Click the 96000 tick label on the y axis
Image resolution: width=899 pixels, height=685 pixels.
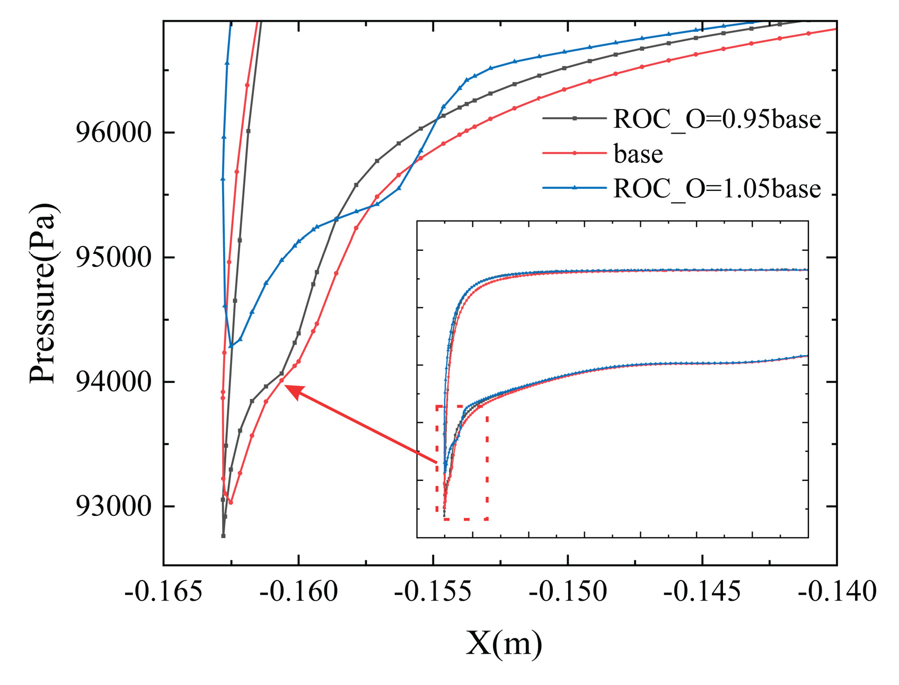(x=114, y=133)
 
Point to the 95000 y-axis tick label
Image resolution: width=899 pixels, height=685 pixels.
(x=114, y=258)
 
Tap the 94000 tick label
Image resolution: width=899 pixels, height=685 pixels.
(x=114, y=382)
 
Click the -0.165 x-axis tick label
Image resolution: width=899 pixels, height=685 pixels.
(x=163, y=591)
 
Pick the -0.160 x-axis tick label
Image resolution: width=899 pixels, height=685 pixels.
(x=298, y=591)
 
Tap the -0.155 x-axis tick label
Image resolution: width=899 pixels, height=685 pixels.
(x=433, y=591)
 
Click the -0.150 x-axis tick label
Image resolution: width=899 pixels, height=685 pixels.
(x=568, y=591)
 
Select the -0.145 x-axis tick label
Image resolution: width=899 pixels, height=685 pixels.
(x=702, y=591)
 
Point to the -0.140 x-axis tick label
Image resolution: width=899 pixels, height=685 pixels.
(x=837, y=591)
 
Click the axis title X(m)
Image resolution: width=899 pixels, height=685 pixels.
(x=504, y=644)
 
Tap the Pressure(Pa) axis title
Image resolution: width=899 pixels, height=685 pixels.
(x=43, y=293)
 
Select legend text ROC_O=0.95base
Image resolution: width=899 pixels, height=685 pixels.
(x=717, y=119)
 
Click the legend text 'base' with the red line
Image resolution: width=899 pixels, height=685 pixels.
(x=638, y=154)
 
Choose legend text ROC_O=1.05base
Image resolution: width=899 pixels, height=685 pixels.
(x=717, y=188)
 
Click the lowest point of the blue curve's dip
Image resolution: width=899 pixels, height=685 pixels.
(x=231, y=346)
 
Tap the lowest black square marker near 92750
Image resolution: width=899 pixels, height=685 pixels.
(x=223, y=535)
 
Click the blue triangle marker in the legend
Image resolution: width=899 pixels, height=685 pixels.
(x=574, y=187)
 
